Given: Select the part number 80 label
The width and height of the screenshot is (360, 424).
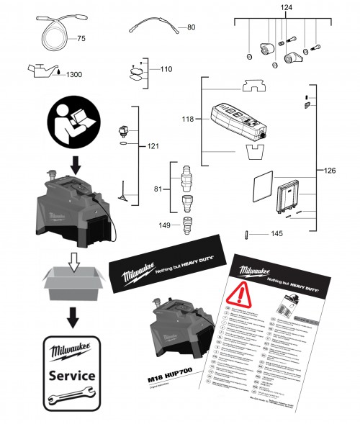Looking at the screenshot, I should click(191, 27).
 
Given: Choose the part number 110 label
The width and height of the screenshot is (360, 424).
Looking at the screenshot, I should click(166, 70).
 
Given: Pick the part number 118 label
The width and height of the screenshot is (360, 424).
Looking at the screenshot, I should click(189, 119).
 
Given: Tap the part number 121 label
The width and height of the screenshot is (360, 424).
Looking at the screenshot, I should click(152, 146).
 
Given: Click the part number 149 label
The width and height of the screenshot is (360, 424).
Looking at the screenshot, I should click(165, 225).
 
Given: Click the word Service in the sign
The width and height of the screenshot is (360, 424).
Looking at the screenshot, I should click(71, 375).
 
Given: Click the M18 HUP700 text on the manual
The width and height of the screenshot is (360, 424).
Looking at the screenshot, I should click(173, 376).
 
